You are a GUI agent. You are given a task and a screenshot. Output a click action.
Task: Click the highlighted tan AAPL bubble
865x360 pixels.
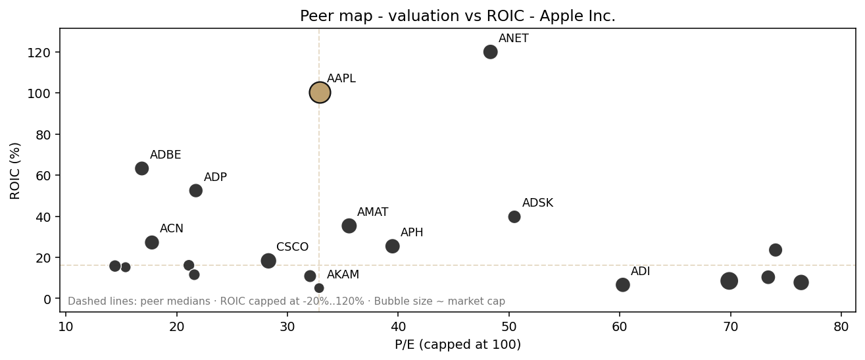(320, 93)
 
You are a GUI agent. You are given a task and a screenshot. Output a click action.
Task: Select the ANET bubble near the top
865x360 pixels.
(490, 52)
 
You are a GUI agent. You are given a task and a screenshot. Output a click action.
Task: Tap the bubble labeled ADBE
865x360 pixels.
(141, 168)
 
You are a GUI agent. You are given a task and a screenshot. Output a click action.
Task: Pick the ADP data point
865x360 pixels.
(195, 191)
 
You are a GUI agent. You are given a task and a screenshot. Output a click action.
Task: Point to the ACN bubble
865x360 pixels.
(152, 243)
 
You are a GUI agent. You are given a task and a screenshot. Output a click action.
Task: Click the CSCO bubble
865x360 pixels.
(268, 261)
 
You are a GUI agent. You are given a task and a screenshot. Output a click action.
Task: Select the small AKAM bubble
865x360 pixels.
(319, 288)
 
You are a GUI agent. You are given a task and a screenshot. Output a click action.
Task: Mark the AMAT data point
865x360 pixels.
(349, 226)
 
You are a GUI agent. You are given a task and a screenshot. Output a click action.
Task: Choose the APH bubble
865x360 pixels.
(393, 246)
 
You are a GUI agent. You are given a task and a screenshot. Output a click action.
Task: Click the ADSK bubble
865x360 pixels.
(514, 217)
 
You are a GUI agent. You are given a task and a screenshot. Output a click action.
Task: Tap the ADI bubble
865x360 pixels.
(623, 285)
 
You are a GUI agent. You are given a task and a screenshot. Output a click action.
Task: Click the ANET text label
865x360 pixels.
(514, 39)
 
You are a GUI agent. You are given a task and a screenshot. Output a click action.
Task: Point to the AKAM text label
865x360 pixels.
(343, 275)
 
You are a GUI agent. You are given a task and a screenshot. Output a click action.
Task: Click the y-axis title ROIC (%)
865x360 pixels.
(16, 170)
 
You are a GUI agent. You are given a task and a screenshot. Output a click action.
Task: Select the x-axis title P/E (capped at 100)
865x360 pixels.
(458, 345)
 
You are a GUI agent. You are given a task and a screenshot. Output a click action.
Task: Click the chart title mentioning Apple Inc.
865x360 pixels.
(458, 16)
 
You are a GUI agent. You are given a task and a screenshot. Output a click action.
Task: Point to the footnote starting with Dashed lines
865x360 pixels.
(286, 301)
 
